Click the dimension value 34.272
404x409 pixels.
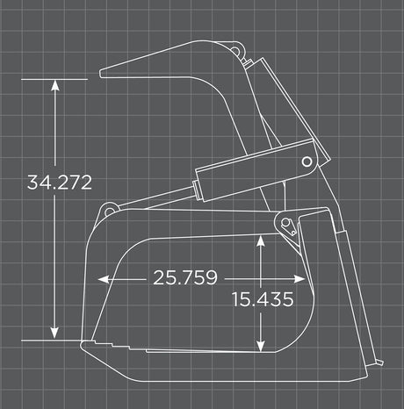coord(60,183)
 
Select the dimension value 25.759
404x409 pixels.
coord(185,277)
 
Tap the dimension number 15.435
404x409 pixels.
coord(263,299)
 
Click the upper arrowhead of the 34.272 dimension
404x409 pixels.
coord(55,85)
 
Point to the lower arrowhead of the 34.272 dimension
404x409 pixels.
coord(54,334)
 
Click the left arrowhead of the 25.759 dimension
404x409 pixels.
coord(104,279)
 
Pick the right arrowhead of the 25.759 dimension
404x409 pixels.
coord(299,279)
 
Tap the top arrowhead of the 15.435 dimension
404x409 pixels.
coord(261,240)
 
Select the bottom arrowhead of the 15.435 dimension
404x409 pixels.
coord(260,346)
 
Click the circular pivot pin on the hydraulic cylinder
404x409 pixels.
coord(307,161)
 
